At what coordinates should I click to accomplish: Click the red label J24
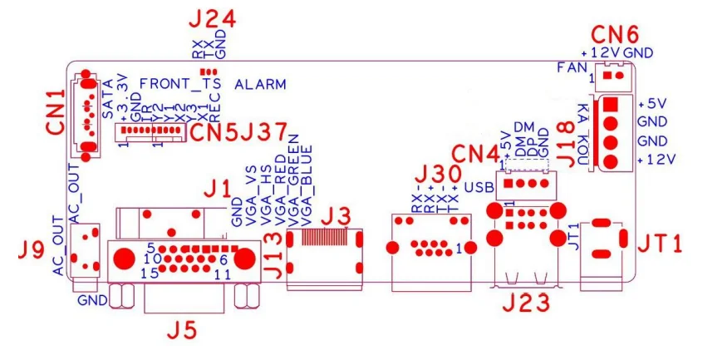tap(213, 19)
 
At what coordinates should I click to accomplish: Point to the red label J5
tap(183, 330)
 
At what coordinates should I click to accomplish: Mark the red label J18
tap(564, 137)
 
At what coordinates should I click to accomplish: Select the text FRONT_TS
tap(180, 84)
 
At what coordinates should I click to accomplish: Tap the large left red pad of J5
tap(124, 258)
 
